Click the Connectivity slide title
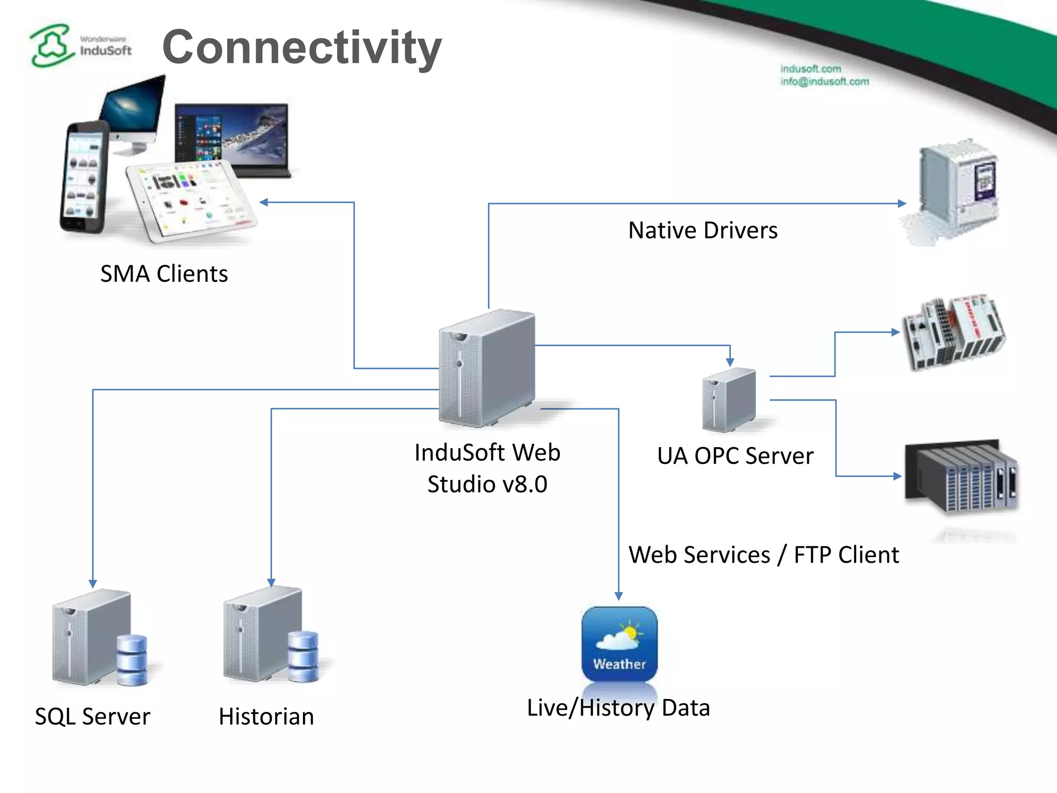302,47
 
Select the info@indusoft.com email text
824,82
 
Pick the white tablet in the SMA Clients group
191,201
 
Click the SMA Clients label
164,274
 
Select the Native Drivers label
702,230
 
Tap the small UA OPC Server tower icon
729,400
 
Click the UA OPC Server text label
735,456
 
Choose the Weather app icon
619,644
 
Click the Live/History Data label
618,708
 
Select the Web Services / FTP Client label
763,555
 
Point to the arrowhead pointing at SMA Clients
264,202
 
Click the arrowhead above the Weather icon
618,596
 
